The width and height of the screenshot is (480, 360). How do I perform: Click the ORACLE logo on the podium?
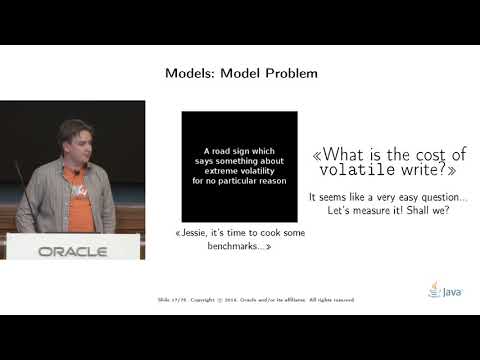click(x=72, y=251)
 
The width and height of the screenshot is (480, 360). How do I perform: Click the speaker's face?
click(x=75, y=144)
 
